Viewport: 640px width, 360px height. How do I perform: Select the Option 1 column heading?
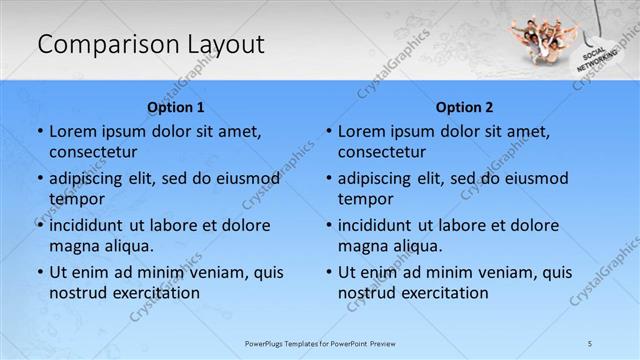coord(176,107)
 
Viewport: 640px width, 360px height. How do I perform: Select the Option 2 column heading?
coord(465,107)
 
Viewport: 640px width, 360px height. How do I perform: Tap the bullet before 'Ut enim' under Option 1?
coord(39,272)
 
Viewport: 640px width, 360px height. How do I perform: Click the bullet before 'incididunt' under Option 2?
coord(328,225)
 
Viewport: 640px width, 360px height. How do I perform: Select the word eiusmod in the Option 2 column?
coord(534,178)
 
